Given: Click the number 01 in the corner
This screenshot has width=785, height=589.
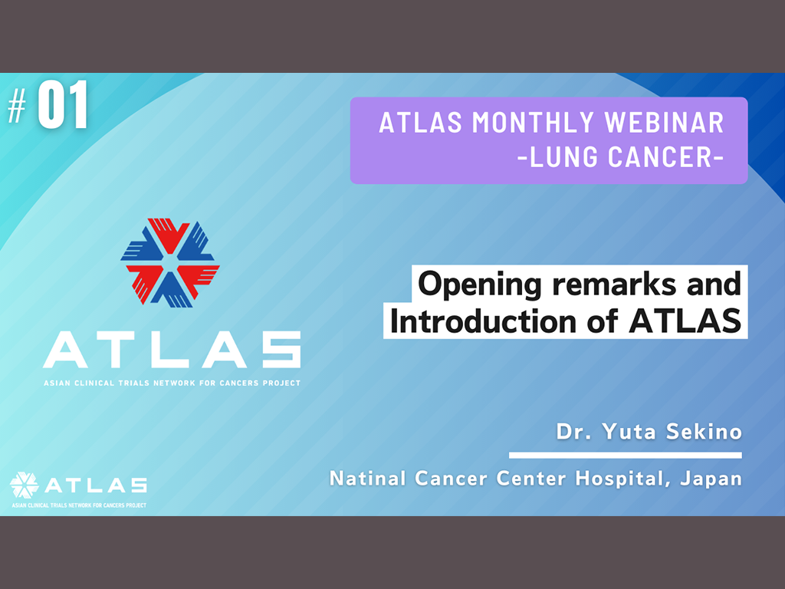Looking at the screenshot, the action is coord(63,105).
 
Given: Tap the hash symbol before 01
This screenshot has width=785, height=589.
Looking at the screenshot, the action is coord(17,106).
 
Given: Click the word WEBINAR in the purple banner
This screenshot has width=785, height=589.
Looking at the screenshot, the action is coord(664,123).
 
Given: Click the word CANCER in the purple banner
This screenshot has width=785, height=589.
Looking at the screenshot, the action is coord(659,156).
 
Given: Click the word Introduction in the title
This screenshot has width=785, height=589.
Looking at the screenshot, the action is coord(483,321).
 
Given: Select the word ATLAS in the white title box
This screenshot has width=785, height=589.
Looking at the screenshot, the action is coord(685,321).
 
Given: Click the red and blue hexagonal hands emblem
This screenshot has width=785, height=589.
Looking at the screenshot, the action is coord(170,262).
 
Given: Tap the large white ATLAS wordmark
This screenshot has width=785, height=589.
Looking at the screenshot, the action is coord(172,350).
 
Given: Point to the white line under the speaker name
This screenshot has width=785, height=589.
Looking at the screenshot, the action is coord(626,456).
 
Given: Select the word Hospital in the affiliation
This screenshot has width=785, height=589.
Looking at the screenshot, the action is coord(622,479).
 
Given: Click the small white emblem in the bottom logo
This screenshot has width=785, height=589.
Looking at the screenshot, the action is coord(24,485).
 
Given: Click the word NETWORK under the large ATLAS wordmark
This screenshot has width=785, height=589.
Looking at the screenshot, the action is coord(174,383).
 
